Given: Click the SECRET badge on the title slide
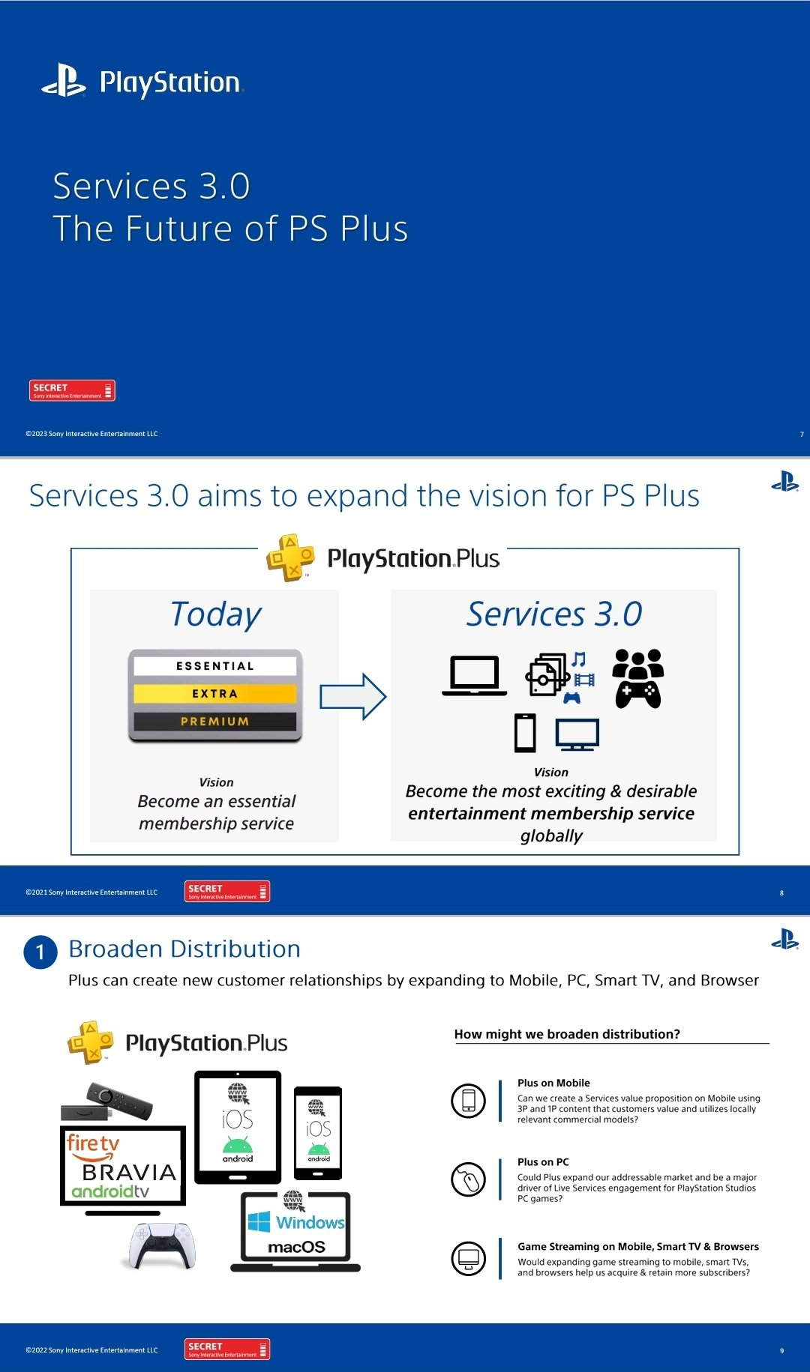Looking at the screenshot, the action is (72, 390).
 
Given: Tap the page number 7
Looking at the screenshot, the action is (802, 435).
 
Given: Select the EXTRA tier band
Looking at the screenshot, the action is (215, 694).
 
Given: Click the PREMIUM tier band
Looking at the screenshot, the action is (215, 722).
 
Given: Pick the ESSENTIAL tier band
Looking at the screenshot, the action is (215, 666).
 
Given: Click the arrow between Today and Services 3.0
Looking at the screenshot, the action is (352, 697).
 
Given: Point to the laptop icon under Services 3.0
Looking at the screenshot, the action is (474, 676).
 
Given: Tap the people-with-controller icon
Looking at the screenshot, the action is (638, 678).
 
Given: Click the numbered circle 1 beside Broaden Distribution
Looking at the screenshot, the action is (40, 952).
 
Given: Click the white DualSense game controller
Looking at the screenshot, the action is (163, 1245).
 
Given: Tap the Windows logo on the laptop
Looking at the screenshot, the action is (259, 1221).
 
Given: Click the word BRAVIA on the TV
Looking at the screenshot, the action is (129, 1172).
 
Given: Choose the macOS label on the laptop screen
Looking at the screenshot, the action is (296, 1247).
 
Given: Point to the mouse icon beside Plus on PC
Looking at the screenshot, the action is (469, 1179).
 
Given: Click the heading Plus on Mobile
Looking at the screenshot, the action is (553, 1083).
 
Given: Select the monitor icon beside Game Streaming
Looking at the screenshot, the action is (469, 1258).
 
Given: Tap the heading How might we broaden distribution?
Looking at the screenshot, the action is (567, 1034).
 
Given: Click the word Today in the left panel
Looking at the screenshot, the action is (216, 614).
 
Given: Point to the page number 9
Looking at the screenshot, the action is (781, 1350).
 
